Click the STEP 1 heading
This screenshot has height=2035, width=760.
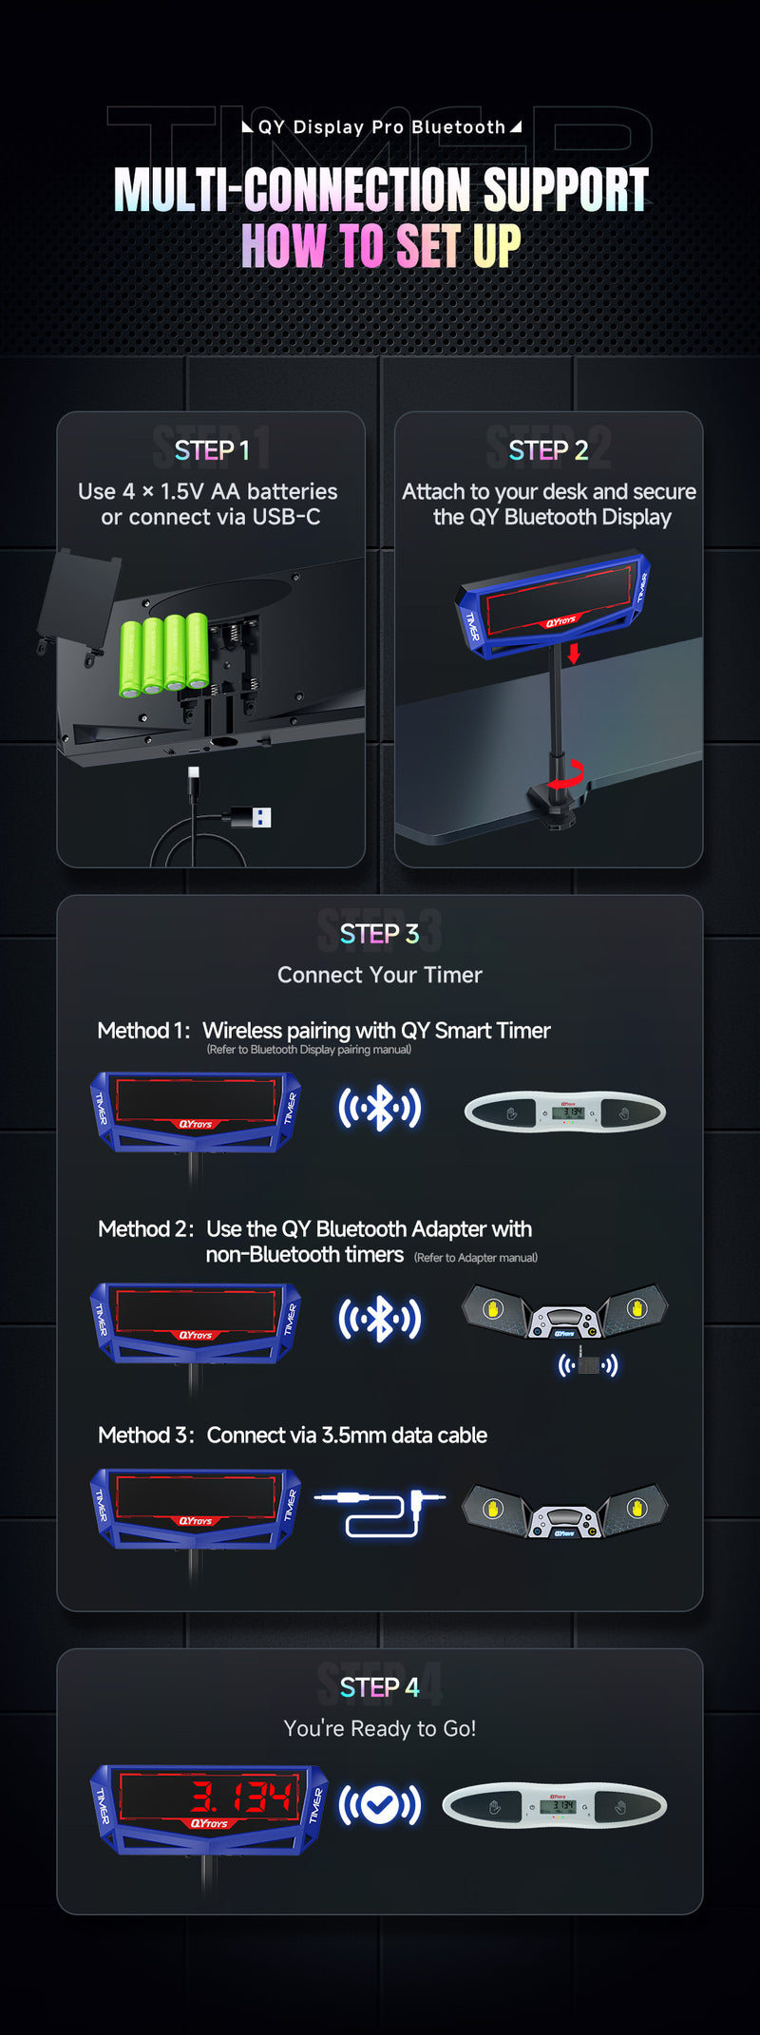[x=211, y=449]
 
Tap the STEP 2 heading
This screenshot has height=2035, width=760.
[x=548, y=449]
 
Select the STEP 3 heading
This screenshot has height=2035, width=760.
[x=379, y=933]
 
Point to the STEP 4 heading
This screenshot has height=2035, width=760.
[x=379, y=1686]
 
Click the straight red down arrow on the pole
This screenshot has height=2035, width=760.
[x=573, y=653]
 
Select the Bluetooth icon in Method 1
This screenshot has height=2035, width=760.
[x=379, y=1108]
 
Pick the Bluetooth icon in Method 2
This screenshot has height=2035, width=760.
[x=379, y=1319]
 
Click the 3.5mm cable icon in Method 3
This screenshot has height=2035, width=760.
[x=379, y=1512]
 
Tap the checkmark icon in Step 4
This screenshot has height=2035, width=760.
[x=379, y=1805]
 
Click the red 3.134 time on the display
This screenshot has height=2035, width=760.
[x=241, y=1797]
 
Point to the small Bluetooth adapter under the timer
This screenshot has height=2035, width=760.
[x=588, y=1365]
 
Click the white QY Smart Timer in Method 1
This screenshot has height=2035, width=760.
[x=565, y=1112]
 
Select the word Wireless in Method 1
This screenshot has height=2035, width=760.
[x=242, y=1030]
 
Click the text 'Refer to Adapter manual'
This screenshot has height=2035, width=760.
[x=476, y=1257]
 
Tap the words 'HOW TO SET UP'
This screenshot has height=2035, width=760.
[x=380, y=246]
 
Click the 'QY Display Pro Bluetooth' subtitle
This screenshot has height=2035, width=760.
[x=381, y=127]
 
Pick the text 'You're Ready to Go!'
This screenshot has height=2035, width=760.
[x=379, y=1728]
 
